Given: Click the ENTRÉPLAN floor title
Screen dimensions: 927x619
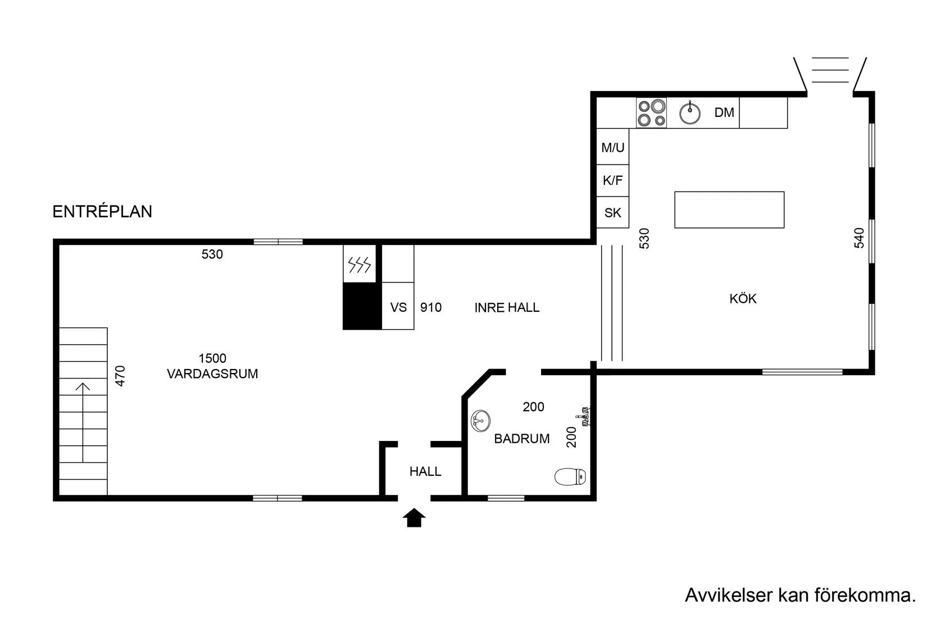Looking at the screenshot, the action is [102, 211].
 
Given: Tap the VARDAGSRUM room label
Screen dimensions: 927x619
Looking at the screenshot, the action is [212, 374].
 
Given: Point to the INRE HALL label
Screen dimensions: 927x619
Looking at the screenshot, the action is [507, 307].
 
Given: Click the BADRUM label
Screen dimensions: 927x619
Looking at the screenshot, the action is [522, 439].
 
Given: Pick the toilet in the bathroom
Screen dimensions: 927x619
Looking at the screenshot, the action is [570, 477].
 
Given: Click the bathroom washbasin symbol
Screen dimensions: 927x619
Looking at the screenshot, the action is [480, 421].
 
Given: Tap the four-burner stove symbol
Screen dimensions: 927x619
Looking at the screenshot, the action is [651, 112].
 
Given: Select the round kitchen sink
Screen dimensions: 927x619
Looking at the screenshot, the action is [690, 113].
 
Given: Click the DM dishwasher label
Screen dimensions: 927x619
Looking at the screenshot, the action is [724, 112].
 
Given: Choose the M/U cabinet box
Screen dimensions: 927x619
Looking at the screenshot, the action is [612, 147].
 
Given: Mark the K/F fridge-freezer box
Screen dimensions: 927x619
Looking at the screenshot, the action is [612, 180].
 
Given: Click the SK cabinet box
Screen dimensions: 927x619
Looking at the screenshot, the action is [612, 212].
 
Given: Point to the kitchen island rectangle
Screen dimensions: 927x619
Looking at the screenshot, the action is [729, 210].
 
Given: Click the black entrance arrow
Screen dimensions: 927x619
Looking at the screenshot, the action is [414, 518].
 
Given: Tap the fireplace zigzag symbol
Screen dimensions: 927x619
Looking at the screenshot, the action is [359, 265].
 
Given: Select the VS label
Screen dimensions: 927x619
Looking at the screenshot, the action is [398, 307].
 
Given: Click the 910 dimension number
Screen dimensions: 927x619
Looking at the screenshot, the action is [431, 307].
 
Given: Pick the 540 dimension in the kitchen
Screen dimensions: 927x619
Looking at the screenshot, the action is [859, 238].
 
